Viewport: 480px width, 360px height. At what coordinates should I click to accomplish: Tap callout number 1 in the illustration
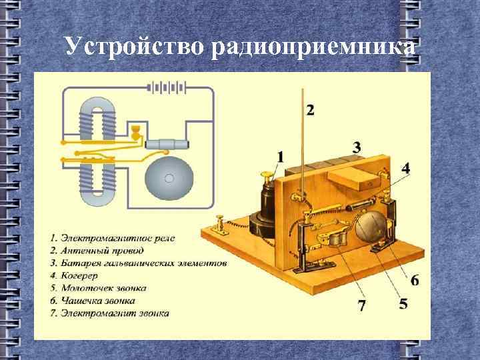(280, 157)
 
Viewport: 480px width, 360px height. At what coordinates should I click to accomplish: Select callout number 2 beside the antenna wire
(311, 109)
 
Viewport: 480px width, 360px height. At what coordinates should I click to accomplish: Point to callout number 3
(357, 147)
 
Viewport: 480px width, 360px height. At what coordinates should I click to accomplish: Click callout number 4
(405, 169)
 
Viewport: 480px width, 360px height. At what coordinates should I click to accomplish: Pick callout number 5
(403, 303)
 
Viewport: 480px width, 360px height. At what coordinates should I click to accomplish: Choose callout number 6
(415, 281)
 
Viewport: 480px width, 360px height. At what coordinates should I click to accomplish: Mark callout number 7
(362, 306)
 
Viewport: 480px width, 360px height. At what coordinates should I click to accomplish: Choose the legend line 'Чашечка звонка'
(97, 301)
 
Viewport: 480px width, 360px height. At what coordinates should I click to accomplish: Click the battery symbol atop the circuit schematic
(166, 87)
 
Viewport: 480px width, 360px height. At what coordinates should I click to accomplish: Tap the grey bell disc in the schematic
(169, 178)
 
